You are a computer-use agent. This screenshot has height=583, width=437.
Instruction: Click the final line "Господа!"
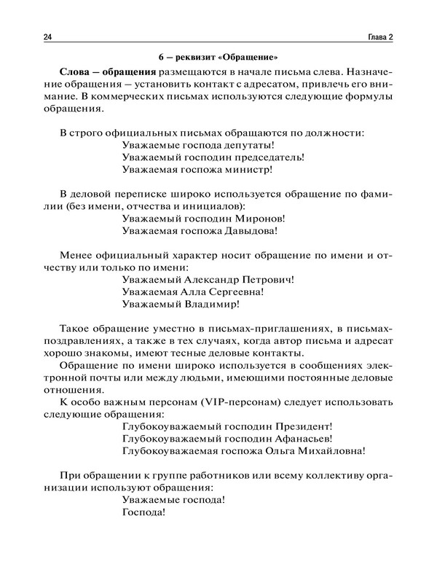(144, 513)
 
